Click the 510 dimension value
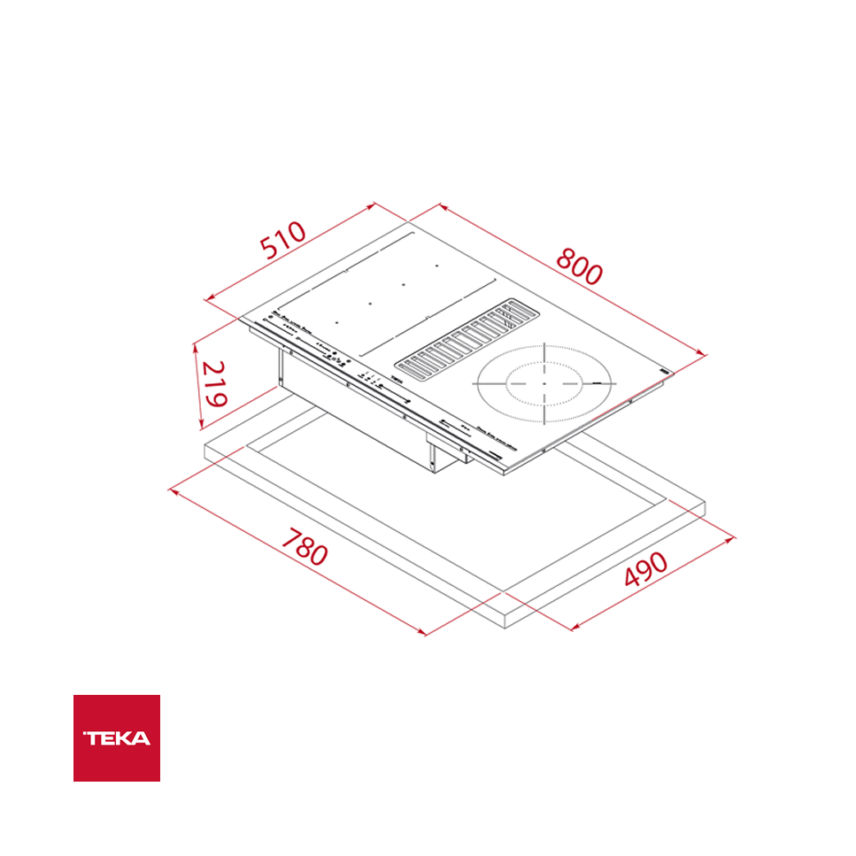pyautogui.click(x=283, y=240)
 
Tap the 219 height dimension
pyautogui.click(x=212, y=383)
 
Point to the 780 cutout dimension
pyautogui.click(x=305, y=547)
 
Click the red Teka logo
pyautogui.click(x=117, y=737)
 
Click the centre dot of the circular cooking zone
pyautogui.click(x=544, y=384)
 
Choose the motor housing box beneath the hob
pyautogui.click(x=354, y=416)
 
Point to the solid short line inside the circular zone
pyautogui.click(x=603, y=383)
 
